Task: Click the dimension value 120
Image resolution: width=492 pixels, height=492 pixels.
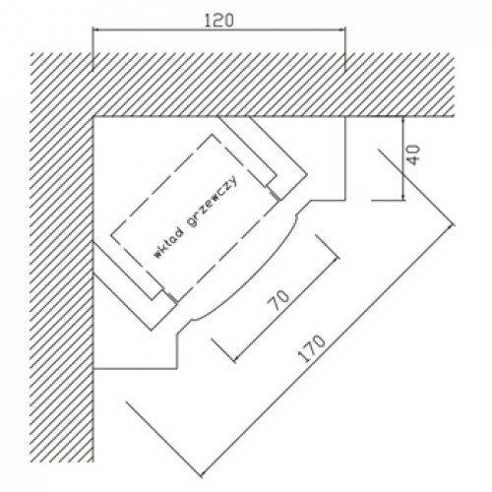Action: point(219,21)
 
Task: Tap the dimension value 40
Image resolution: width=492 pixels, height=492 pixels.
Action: point(414,154)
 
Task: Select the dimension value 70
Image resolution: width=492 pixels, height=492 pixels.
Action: point(278,300)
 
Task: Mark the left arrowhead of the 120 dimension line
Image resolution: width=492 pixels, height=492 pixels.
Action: point(94,30)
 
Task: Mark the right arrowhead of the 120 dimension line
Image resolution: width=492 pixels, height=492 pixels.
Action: point(343,30)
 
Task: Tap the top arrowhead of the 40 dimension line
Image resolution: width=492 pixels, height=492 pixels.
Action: point(403,119)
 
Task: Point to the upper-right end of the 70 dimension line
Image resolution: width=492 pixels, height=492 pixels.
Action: point(338,258)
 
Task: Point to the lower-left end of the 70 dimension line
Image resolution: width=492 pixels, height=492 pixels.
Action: point(234,360)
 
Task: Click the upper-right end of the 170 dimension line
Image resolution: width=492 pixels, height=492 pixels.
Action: point(453,224)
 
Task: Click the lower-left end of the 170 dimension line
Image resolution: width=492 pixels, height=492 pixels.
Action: point(201,474)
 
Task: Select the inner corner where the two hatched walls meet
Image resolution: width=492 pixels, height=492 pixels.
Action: point(93,116)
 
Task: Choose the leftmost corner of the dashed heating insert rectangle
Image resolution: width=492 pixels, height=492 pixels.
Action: point(110,235)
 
